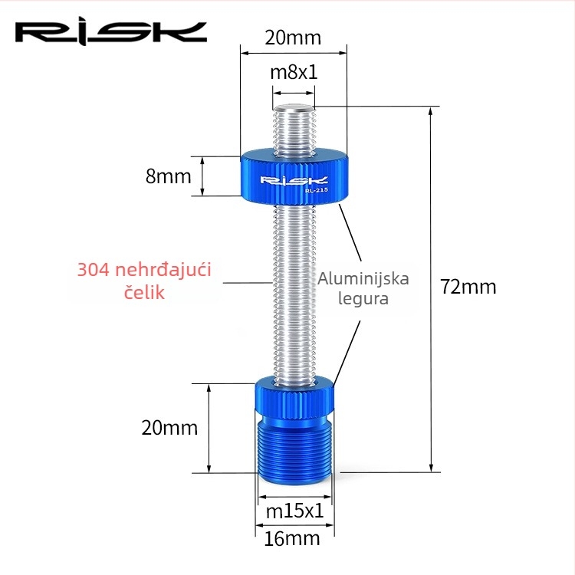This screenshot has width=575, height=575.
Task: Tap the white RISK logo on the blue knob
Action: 294,180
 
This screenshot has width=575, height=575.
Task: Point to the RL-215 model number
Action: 316,190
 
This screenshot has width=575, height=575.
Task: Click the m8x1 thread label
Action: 294,72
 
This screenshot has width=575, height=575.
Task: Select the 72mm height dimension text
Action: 468,287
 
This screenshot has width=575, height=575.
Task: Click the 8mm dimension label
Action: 169,176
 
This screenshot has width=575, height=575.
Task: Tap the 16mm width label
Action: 292,539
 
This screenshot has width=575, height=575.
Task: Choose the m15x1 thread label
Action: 295,511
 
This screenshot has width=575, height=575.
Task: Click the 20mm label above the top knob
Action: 293,38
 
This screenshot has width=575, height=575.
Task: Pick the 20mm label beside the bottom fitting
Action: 169,428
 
